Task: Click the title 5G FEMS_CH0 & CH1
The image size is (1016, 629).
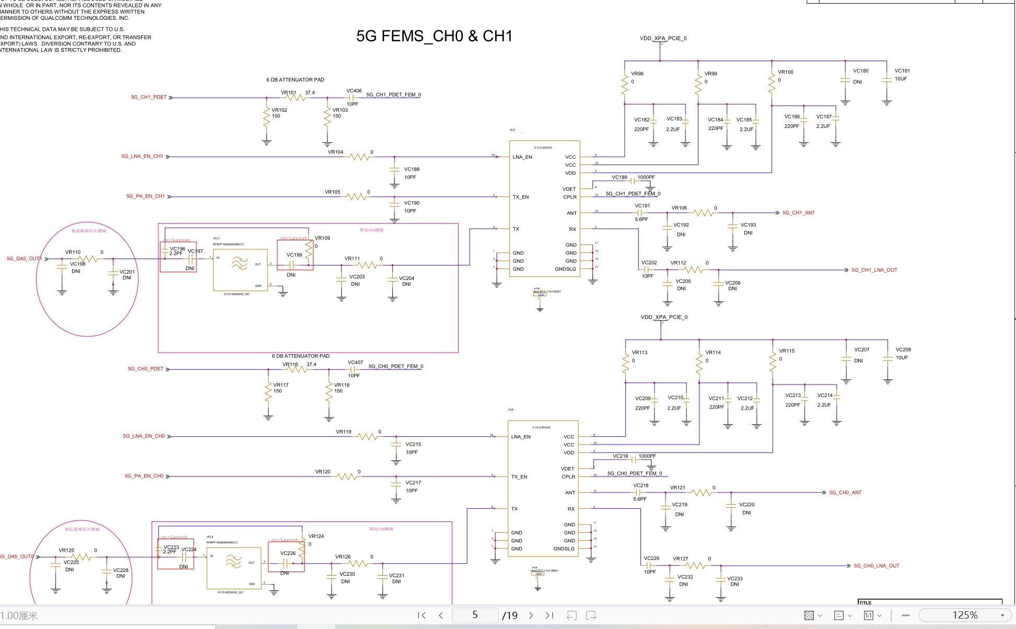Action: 434,36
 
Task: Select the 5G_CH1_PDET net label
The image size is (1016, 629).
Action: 148,97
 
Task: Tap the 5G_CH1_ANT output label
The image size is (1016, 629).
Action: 798,213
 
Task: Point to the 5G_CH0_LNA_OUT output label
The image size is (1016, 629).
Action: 876,566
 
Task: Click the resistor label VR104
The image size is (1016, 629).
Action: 335,152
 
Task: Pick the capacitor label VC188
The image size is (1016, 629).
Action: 412,169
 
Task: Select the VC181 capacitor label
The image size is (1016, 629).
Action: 902,71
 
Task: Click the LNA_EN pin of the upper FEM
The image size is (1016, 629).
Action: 522,157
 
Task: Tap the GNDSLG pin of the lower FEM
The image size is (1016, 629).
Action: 564,549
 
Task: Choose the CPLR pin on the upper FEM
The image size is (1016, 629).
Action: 570,197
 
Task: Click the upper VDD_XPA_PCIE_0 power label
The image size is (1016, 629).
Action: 663,38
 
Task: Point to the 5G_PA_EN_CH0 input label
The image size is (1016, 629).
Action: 144,476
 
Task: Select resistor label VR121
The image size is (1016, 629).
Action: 678,487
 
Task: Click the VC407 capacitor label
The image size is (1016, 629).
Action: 355,362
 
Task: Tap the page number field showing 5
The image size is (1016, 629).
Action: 474,615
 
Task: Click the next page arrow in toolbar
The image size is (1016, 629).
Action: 531,615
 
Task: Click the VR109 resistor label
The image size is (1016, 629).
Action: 322,238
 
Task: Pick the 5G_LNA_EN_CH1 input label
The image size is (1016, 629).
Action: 142,156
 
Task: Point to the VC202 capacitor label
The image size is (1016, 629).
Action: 649,263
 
